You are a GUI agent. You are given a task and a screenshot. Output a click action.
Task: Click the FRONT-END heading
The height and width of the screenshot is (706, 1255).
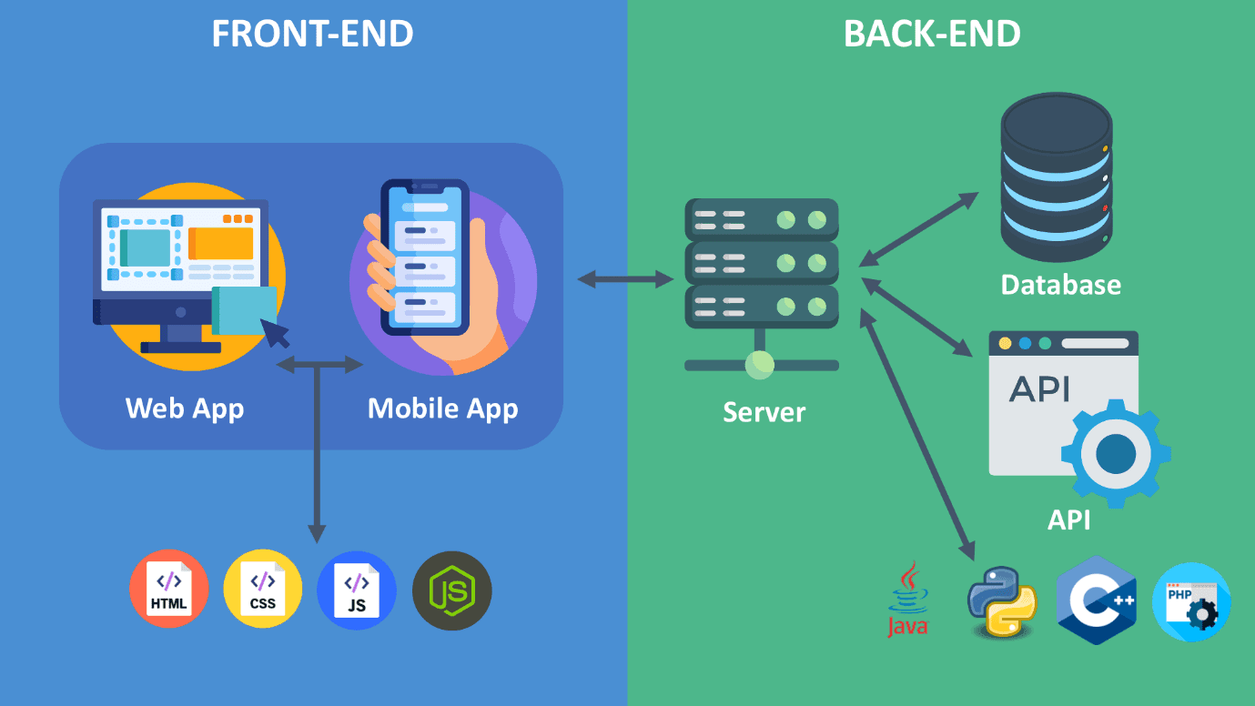click(x=312, y=34)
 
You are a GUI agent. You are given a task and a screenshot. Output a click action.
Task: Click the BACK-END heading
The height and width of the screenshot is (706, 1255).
click(x=932, y=34)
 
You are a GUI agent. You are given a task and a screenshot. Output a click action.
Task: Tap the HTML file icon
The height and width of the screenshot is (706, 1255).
click(x=169, y=589)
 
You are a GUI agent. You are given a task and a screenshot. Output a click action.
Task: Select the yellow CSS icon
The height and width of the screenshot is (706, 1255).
click(x=263, y=589)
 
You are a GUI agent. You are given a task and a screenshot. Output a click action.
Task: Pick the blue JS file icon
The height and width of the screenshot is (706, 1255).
click(x=357, y=590)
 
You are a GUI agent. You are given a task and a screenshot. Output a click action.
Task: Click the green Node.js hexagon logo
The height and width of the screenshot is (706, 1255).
click(x=452, y=590)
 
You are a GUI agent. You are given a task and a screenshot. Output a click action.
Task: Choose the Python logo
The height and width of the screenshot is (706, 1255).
click(x=1001, y=600)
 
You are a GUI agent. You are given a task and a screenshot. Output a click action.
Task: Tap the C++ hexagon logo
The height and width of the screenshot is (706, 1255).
click(x=1097, y=600)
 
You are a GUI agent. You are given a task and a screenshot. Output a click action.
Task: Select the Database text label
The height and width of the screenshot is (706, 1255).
click(x=1060, y=285)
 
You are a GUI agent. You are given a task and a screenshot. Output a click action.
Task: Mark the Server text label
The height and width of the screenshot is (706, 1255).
click(x=764, y=412)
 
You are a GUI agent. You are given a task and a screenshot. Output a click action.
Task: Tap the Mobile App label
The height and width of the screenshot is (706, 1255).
click(x=442, y=408)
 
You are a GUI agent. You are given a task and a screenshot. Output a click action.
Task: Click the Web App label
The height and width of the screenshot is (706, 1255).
click(x=185, y=408)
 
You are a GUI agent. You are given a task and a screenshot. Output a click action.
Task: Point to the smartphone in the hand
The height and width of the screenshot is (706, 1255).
click(x=423, y=257)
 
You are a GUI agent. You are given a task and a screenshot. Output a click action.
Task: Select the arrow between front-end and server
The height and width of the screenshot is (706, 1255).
click(x=624, y=279)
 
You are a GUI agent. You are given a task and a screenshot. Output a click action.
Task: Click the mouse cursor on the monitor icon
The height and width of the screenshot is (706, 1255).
click(x=276, y=333)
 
